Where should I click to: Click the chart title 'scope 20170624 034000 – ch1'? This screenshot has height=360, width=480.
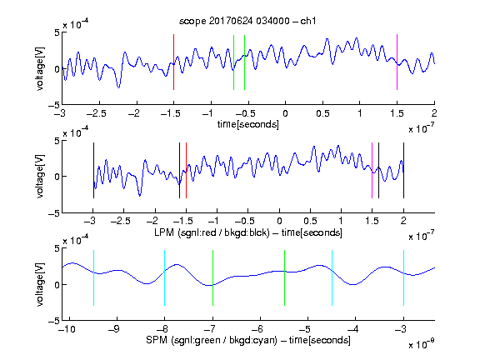(x=247, y=21)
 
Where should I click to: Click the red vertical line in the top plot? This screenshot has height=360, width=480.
(x=174, y=62)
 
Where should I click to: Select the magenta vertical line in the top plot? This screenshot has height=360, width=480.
(x=397, y=62)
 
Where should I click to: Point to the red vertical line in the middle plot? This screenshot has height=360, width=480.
(x=186, y=171)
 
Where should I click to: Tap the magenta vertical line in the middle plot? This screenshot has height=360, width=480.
(x=372, y=171)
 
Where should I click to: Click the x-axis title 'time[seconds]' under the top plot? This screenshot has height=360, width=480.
(x=248, y=124)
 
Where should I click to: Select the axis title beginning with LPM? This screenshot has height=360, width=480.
(x=248, y=232)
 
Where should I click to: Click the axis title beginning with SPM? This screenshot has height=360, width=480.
(x=248, y=340)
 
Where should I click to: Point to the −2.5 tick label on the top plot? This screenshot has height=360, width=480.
(x=97, y=113)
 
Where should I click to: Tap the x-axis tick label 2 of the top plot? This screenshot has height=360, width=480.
(x=434, y=113)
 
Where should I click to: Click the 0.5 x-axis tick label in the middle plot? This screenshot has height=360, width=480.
(x=310, y=221)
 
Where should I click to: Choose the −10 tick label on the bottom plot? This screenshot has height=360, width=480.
(x=67, y=329)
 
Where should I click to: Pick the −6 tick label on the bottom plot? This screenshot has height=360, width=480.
(x=258, y=329)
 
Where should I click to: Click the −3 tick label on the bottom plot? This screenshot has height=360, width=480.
(x=401, y=329)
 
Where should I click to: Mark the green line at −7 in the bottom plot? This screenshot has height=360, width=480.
(x=212, y=278)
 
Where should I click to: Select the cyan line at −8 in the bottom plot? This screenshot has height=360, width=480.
(x=165, y=278)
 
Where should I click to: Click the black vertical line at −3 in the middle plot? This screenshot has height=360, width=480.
(x=93, y=171)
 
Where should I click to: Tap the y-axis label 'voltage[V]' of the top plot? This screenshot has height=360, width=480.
(x=40, y=68)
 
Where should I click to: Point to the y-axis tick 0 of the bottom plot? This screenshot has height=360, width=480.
(x=57, y=285)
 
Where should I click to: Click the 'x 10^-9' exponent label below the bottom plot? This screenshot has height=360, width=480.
(x=421, y=344)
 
